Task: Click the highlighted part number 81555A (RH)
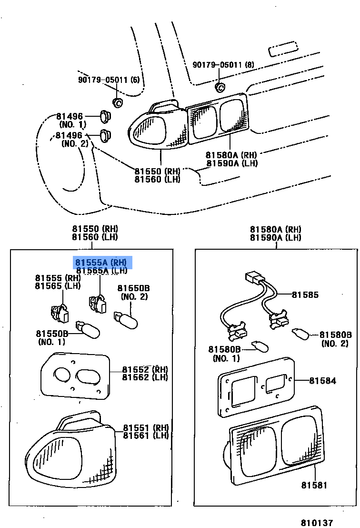(101, 263)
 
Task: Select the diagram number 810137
(316, 523)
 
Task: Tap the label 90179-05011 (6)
(109, 80)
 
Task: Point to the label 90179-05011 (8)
(223, 64)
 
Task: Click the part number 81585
(305, 295)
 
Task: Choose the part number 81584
(322, 381)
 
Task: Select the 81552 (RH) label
(145, 369)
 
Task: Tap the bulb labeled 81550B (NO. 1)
(89, 330)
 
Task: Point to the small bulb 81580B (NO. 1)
(260, 345)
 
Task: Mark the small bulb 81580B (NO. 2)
(300, 333)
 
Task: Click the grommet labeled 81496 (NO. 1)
(106, 116)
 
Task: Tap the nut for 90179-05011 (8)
(220, 87)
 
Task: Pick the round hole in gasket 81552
(62, 375)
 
